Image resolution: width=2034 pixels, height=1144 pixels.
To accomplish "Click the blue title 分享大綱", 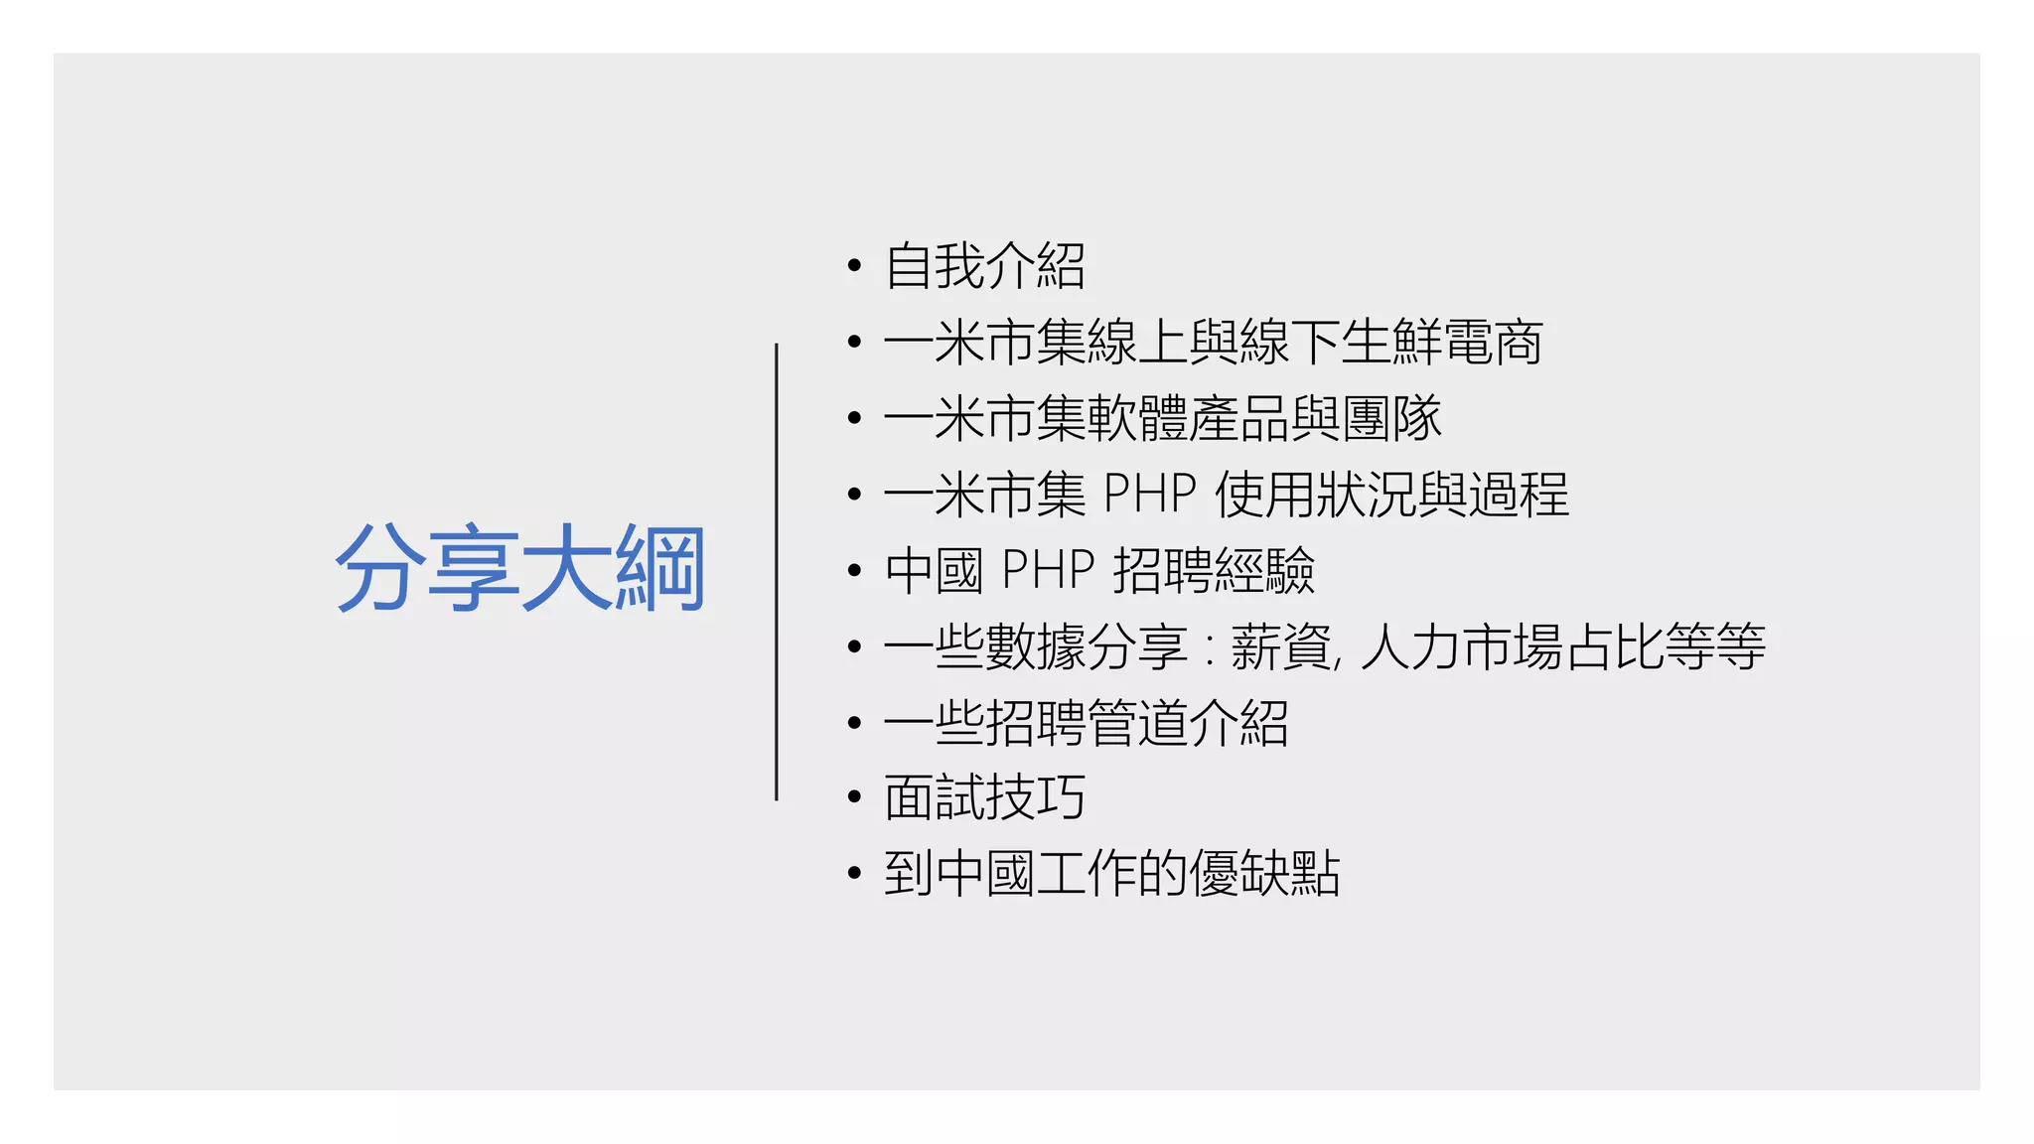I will [x=520, y=569].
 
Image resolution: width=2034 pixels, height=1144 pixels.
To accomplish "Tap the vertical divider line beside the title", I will [x=776, y=571].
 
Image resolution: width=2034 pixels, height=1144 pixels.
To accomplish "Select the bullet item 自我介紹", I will [x=984, y=266].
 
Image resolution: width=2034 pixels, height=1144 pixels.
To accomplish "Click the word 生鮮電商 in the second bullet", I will [x=1441, y=343].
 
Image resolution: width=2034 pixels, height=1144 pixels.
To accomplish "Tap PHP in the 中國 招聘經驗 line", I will [x=1048, y=570].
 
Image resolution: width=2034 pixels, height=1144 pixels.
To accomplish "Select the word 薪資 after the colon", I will [x=1281, y=646].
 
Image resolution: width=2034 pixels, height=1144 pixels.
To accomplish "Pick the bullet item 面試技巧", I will [x=984, y=797].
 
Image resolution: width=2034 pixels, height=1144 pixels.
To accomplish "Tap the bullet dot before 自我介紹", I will [x=854, y=267].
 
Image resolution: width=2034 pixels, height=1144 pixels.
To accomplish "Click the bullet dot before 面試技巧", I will [x=854, y=797].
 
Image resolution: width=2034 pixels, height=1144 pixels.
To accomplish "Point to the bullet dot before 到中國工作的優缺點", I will [x=854, y=874].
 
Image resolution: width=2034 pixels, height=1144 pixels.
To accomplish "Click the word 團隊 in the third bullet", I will [x=1391, y=418].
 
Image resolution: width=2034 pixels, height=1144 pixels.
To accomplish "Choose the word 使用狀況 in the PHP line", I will [x=1315, y=494].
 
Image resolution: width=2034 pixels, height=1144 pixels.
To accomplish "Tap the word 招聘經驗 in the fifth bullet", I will [x=1214, y=570].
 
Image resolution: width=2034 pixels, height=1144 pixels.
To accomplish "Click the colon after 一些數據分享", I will [x=1209, y=648].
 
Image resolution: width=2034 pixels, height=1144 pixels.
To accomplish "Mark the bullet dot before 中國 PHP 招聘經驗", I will [x=854, y=571].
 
